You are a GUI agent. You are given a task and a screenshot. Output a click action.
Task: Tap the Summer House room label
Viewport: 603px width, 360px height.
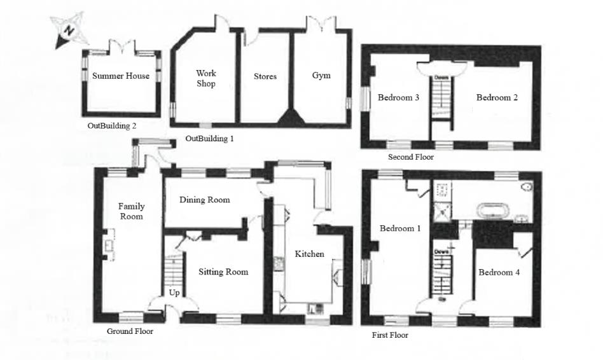pyautogui.click(x=121, y=76)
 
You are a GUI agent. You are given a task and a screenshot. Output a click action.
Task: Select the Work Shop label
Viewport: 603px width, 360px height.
pyautogui.click(x=205, y=79)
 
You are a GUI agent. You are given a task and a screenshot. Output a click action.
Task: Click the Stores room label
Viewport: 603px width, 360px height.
pyautogui.click(x=265, y=76)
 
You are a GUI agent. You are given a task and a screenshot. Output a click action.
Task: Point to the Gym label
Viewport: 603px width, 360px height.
pyautogui.click(x=321, y=76)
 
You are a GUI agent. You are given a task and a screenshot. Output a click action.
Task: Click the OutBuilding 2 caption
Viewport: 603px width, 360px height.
pyautogui.click(x=112, y=126)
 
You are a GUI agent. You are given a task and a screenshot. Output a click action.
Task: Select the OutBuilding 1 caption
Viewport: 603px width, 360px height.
pyautogui.click(x=209, y=139)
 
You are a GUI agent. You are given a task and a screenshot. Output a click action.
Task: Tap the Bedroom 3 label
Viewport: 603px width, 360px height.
pyautogui.click(x=398, y=98)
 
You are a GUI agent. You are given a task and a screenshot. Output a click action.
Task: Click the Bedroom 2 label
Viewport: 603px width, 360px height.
pyautogui.click(x=497, y=97)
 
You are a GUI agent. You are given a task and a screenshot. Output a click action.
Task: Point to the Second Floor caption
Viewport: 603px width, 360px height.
pyautogui.click(x=411, y=157)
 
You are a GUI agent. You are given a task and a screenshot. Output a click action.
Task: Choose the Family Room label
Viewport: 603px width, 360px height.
pyautogui.click(x=131, y=211)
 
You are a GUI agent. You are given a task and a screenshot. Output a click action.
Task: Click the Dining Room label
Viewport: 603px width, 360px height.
pyautogui.click(x=204, y=200)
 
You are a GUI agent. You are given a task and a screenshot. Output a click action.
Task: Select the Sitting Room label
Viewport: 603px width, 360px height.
pyautogui.click(x=223, y=272)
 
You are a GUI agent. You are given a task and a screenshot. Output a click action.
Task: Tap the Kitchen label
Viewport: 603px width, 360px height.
pyautogui.click(x=309, y=254)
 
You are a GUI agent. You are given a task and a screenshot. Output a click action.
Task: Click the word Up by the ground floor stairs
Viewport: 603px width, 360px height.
pyautogui.click(x=174, y=293)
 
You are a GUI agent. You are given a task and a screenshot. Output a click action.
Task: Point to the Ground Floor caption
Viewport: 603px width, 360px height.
pyautogui.click(x=130, y=331)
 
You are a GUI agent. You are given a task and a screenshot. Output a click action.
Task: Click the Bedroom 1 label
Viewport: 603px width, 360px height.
pyautogui.click(x=400, y=228)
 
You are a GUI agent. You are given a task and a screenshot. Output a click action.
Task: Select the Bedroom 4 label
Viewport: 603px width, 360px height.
pyautogui.click(x=499, y=272)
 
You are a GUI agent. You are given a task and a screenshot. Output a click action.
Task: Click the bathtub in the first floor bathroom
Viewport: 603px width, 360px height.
pyautogui.click(x=490, y=212)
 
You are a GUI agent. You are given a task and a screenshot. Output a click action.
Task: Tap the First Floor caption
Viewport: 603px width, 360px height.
pyautogui.click(x=390, y=335)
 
